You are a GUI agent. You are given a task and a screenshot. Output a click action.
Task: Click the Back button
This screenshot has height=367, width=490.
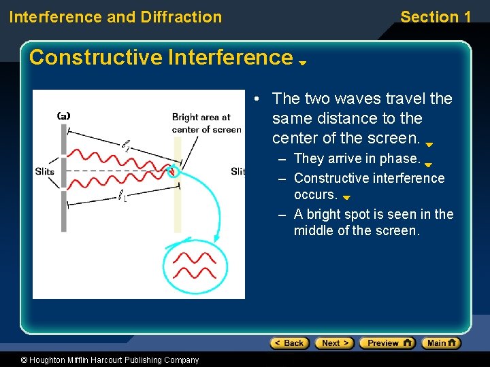click(x=289, y=343)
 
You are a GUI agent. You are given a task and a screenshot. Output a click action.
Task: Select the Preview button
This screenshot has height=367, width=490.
click(x=387, y=343)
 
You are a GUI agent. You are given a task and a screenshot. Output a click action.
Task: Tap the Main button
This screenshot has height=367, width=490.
click(x=441, y=343)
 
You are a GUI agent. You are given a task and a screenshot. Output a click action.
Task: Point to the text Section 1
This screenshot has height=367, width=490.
click(x=436, y=17)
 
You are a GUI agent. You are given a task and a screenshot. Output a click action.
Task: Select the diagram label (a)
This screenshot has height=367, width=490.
click(x=63, y=116)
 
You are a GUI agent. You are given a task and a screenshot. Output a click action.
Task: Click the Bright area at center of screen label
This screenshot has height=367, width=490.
click(x=206, y=123)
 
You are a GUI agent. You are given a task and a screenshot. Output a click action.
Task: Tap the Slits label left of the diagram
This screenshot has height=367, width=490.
click(x=45, y=171)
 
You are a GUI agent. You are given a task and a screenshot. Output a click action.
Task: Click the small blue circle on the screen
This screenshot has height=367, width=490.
click(x=173, y=170)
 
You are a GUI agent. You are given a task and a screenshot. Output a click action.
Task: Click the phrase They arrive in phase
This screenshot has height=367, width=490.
click(x=357, y=158)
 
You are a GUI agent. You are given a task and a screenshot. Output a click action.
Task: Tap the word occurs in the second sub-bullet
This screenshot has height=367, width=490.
click(x=315, y=195)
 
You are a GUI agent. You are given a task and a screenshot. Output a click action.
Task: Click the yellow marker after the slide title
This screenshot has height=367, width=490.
click(x=303, y=63)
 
